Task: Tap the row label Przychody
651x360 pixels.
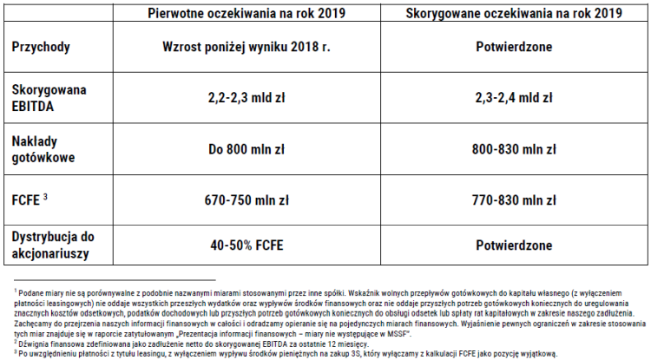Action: pyautogui.click(x=41, y=47)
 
